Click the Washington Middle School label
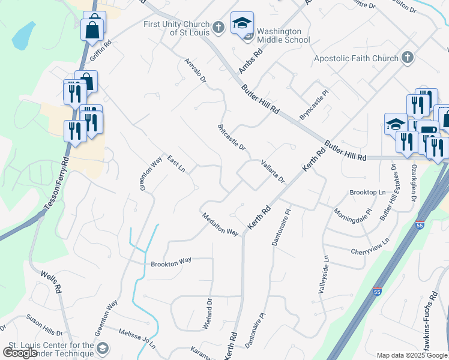point(283,35)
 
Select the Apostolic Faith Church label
point(356,58)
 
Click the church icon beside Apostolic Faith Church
point(408,58)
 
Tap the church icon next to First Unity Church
point(218,26)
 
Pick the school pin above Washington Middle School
point(242,25)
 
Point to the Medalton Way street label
point(220,224)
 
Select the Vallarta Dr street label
point(272,171)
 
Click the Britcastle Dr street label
point(232,137)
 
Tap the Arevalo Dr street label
point(196,70)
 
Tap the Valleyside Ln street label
point(319,275)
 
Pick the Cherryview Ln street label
point(370,246)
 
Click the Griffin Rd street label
point(101,51)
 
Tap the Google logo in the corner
point(20,353)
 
